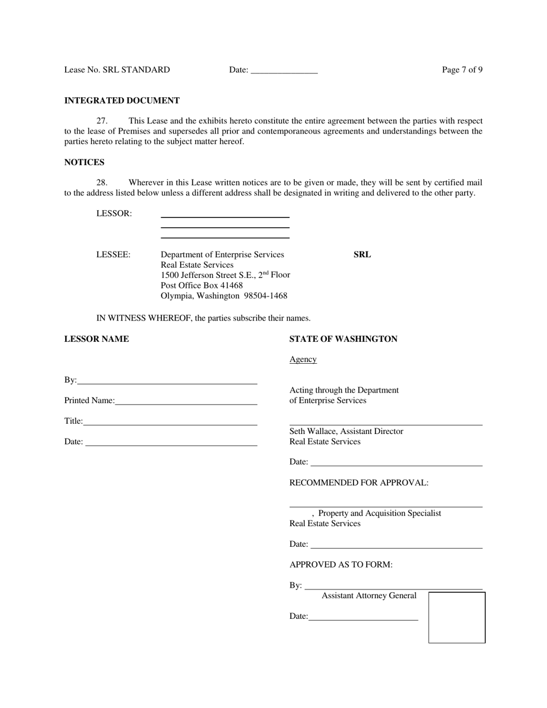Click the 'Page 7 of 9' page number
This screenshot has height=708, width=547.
pos(462,70)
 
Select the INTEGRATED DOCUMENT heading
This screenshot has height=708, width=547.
pos(122,101)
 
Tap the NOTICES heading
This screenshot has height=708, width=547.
pos(84,162)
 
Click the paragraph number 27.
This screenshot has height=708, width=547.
pos(102,121)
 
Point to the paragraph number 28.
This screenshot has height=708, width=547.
pos(102,182)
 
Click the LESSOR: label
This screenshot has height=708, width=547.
pos(114,214)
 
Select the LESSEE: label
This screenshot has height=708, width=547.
pos(113,254)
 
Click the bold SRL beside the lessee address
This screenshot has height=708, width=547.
pos(362,254)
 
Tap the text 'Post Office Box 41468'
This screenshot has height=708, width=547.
pos(202,286)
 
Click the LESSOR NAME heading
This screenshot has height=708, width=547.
pos(97,339)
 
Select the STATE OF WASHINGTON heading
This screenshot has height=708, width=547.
pos(343,339)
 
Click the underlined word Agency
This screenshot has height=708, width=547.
pos(303,359)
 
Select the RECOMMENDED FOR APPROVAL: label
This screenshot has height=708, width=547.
pos(359,482)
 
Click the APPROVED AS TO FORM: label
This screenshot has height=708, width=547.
pos(341,565)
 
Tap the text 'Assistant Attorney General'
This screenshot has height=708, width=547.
pos(369,596)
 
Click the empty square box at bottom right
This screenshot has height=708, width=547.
pos(457,617)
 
